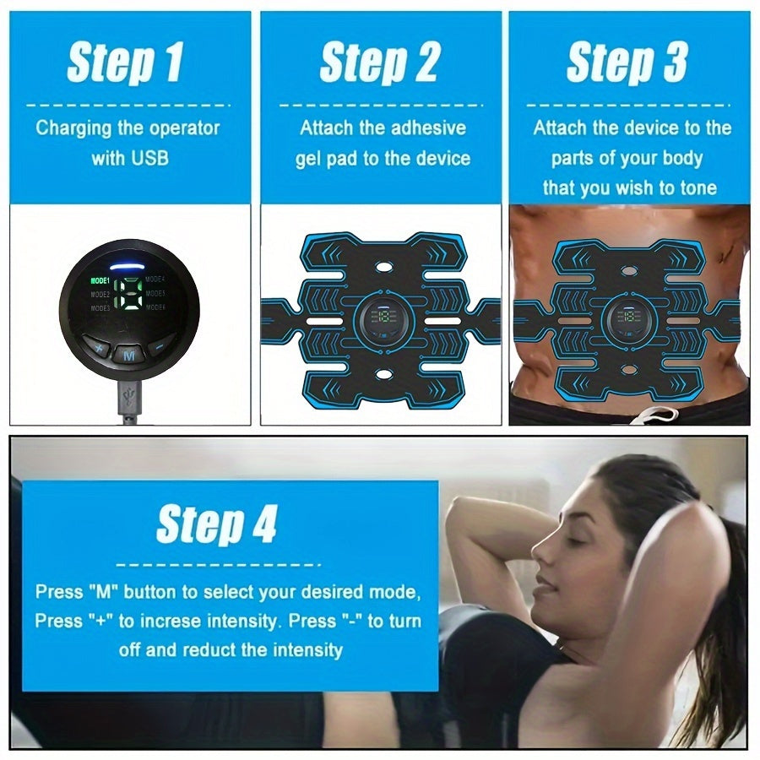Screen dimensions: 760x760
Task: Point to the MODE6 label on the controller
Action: [x=156, y=308]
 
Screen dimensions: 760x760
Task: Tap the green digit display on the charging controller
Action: [x=129, y=295]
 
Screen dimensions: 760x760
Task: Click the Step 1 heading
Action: [x=126, y=63]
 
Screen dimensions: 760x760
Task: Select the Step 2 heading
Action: [x=380, y=63]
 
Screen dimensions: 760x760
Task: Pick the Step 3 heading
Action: [x=627, y=63]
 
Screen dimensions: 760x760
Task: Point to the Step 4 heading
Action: [x=217, y=524]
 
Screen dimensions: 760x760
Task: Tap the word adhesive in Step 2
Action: [x=430, y=128]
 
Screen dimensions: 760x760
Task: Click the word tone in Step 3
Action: [x=698, y=187]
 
